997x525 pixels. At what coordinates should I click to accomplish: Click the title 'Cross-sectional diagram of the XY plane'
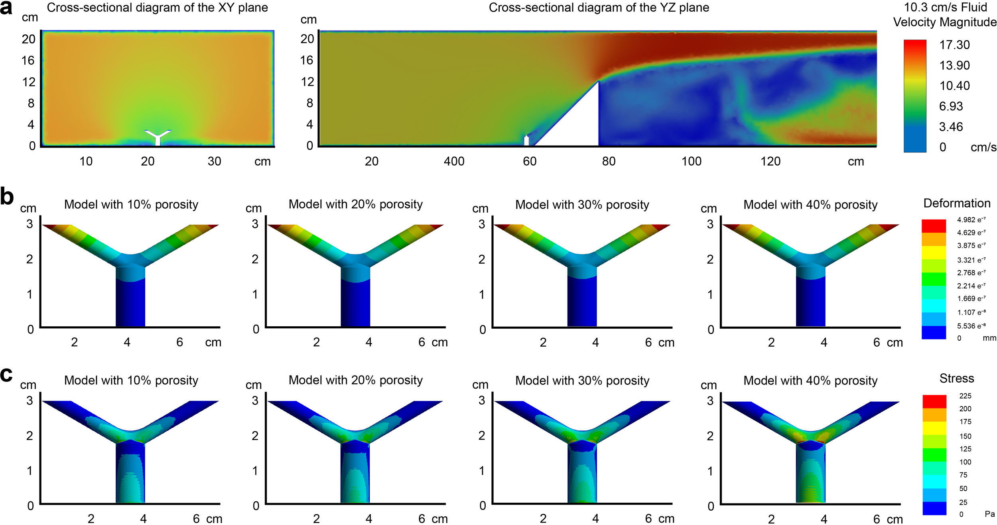(x=157, y=8)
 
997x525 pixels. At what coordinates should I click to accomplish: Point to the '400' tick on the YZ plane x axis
(x=454, y=161)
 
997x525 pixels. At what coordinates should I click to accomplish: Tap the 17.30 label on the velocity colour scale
(x=954, y=45)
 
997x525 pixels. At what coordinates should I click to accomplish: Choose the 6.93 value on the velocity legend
(x=951, y=106)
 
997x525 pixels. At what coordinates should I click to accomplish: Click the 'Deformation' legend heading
(x=957, y=203)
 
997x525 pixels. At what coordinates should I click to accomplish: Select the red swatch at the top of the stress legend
(x=934, y=401)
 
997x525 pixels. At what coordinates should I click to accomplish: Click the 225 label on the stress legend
(x=965, y=396)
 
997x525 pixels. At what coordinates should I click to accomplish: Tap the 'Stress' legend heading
(x=956, y=378)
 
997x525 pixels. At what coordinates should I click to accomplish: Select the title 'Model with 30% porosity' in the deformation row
(x=582, y=205)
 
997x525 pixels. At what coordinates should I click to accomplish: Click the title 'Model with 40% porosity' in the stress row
(x=810, y=381)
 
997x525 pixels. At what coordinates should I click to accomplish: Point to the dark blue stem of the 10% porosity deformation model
(x=130, y=303)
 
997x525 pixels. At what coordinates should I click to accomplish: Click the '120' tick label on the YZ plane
(x=770, y=161)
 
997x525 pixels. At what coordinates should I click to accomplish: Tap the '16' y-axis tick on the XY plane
(x=28, y=60)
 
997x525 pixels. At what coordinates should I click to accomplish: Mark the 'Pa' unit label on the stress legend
(x=989, y=514)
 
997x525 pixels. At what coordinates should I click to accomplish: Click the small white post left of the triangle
(x=526, y=140)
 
